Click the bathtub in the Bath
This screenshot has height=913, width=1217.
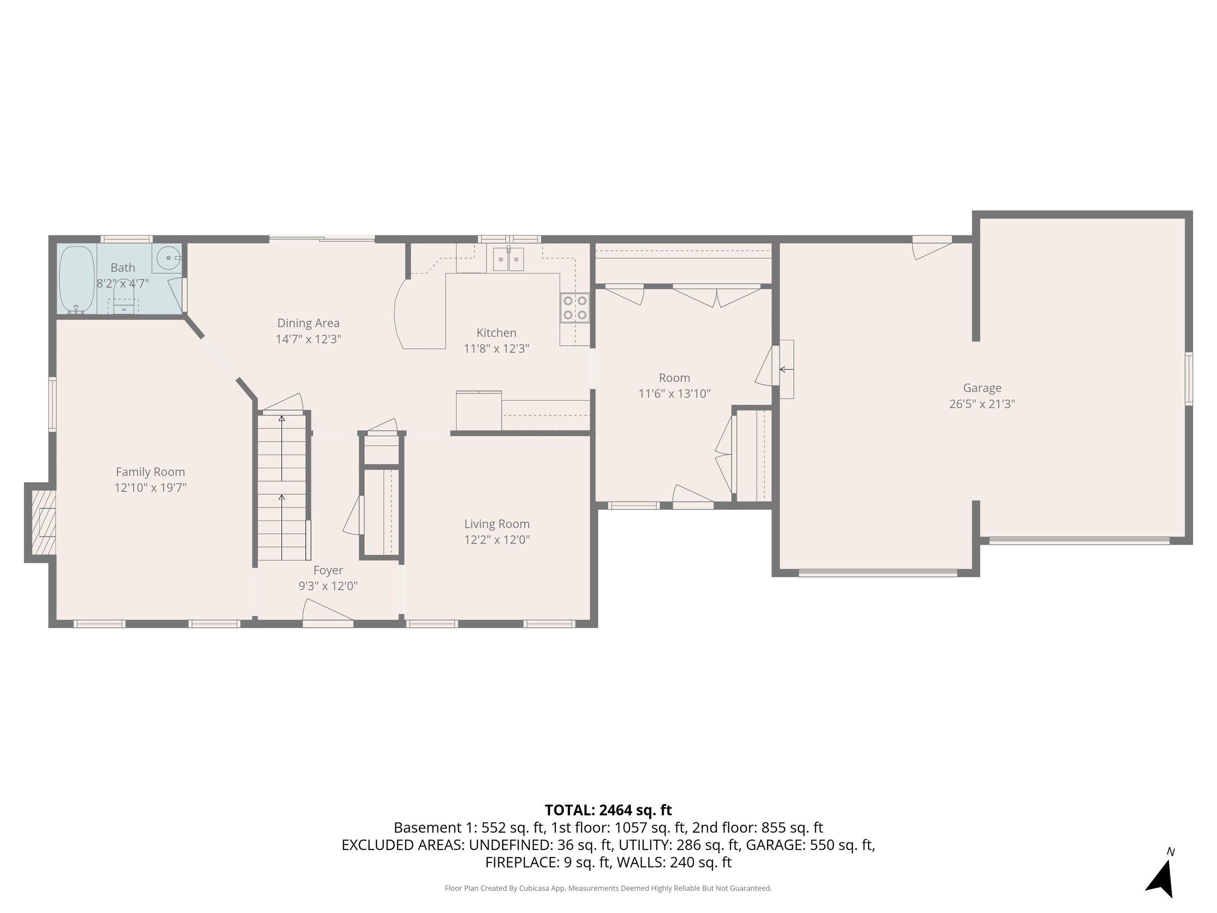click(x=76, y=280)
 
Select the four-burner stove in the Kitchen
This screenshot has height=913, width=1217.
click(x=575, y=308)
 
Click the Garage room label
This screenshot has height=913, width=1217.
click(x=982, y=388)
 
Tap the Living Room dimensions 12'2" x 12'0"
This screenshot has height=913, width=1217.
click(x=497, y=540)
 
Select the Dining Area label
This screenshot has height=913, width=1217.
click(x=308, y=323)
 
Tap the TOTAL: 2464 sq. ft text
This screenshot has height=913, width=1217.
click(x=608, y=810)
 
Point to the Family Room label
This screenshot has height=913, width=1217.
click(x=150, y=472)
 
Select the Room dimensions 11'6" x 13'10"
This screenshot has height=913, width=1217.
click(x=675, y=393)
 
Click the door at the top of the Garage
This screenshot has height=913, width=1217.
click(x=932, y=247)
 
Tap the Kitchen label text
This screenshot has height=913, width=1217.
click(x=496, y=332)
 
